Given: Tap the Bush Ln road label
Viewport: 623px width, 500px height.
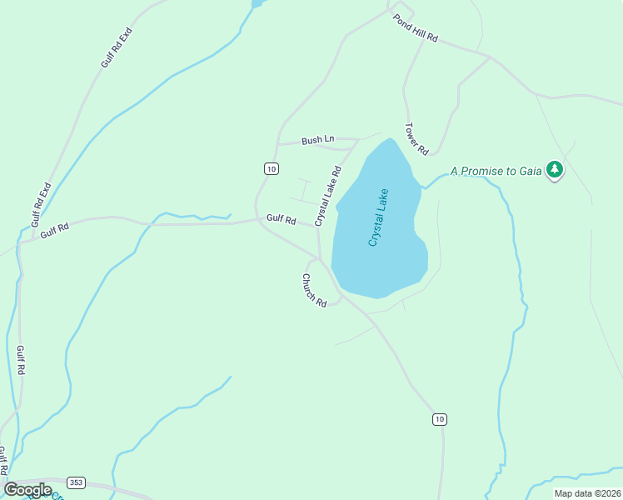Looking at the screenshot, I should click(x=317, y=140).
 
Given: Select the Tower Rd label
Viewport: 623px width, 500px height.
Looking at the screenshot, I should click(x=416, y=139).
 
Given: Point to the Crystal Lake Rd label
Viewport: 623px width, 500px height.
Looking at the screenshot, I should click(x=328, y=196).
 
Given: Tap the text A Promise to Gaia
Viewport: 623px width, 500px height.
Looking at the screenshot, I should click(x=496, y=171).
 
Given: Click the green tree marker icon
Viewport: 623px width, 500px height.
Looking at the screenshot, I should click(x=555, y=170).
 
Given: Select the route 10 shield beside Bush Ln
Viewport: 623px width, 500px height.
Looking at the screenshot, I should click(x=271, y=168).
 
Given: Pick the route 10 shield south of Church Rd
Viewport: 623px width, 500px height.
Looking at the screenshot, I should click(x=439, y=418).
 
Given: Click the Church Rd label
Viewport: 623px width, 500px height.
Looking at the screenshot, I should click(x=314, y=290).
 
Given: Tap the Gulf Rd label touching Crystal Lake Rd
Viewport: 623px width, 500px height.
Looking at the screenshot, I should click(x=282, y=220).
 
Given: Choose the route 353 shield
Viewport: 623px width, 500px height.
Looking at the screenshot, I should click(x=76, y=482).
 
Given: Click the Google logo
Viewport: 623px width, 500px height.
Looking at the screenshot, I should click(x=27, y=490).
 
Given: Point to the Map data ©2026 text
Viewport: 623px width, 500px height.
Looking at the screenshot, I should click(x=587, y=493).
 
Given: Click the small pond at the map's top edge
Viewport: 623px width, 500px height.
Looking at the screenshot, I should click(x=257, y=3).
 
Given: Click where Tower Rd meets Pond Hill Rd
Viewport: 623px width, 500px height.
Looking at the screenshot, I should click(x=423, y=38).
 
